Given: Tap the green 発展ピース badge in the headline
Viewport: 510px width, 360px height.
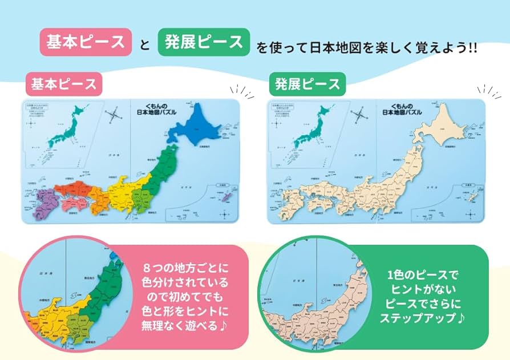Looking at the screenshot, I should [204, 43].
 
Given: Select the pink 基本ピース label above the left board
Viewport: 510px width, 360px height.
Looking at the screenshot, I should [64, 84].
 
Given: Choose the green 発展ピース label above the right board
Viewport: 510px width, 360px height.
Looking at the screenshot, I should [307, 84].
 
